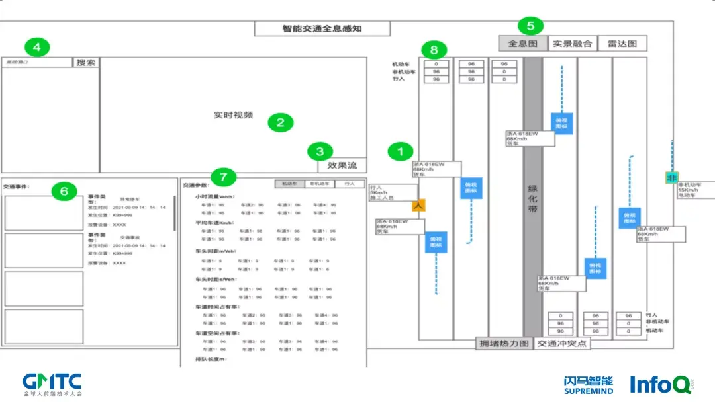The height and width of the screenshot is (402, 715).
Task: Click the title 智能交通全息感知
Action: point(322,29)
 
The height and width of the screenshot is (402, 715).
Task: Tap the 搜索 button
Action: point(86,62)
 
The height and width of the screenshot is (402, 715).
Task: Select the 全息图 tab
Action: point(522,44)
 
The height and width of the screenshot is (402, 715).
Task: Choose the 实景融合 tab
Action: point(572,44)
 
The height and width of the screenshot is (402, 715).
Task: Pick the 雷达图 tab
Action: point(622,44)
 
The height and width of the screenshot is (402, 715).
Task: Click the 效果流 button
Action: point(342,165)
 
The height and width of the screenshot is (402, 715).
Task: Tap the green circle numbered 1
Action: point(400,151)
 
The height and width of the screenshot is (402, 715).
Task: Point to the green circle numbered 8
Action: point(434,50)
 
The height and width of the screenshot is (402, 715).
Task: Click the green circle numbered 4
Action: point(36,47)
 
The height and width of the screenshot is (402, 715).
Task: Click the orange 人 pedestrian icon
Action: point(418,206)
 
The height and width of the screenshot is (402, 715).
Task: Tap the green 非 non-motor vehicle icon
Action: point(672,178)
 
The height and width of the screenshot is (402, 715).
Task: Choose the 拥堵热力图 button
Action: point(504,344)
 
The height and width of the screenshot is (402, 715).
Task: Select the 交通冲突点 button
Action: point(561,344)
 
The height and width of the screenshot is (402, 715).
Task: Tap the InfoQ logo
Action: point(661,384)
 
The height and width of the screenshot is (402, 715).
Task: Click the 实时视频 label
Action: point(233,115)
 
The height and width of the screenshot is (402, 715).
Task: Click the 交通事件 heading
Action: point(17,187)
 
